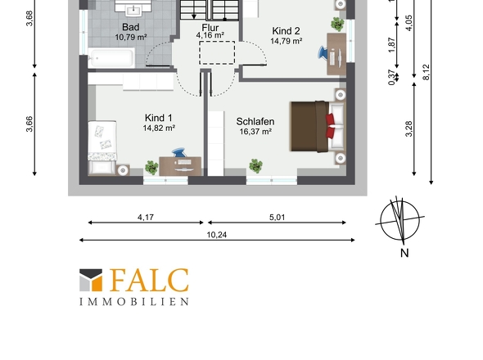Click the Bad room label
click(x=131, y=27)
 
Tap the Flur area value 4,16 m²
click(x=210, y=35)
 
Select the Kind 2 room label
click(x=286, y=31)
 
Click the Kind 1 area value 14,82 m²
click(x=159, y=128)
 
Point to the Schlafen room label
click(x=255, y=121)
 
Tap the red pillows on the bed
click(x=330, y=126)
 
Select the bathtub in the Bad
click(x=111, y=57)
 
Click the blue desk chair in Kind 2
click(x=323, y=52)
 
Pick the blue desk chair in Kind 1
click(x=179, y=152)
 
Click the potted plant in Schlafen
click(x=255, y=166)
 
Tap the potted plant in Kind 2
click(x=337, y=24)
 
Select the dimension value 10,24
click(x=217, y=235)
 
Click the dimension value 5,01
click(x=277, y=217)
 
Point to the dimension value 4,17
click(x=146, y=217)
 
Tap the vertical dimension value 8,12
click(x=426, y=72)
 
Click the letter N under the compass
click(x=404, y=253)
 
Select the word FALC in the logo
click(x=149, y=281)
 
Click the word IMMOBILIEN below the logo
click(x=134, y=301)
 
